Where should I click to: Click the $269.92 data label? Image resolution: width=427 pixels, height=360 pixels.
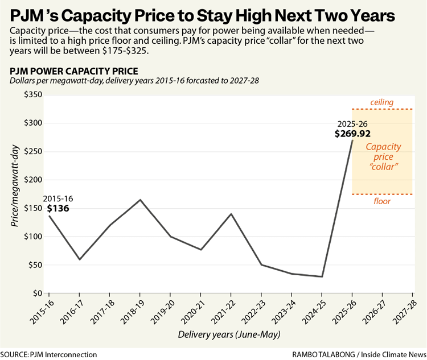pyautogui.click(x=352, y=134)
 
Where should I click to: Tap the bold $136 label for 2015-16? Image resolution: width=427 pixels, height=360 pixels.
pyautogui.click(x=58, y=208)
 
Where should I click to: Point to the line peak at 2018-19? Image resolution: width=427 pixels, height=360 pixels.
pyautogui.click(x=140, y=200)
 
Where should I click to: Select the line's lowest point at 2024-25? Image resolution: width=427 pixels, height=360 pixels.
pyautogui.click(x=322, y=276)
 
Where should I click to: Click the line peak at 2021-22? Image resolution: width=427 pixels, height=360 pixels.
pyautogui.click(x=231, y=214)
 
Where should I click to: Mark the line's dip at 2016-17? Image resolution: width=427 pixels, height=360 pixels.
pyautogui.click(x=80, y=259)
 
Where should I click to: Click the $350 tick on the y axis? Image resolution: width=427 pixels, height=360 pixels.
pyautogui.click(x=33, y=95)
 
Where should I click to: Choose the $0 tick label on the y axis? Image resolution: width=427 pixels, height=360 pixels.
pyautogui.click(x=38, y=293)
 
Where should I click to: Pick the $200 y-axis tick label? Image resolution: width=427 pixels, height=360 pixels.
pyautogui.click(x=33, y=180)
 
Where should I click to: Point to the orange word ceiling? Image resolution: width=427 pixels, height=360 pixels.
pyautogui.click(x=382, y=102)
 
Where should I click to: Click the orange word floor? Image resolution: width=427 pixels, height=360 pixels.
pyautogui.click(x=382, y=201)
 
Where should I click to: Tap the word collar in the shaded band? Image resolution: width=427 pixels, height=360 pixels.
pyautogui.click(x=384, y=167)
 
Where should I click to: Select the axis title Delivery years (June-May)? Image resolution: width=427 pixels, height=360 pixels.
pyautogui.click(x=229, y=334)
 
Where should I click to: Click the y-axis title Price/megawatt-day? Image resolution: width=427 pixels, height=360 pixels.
pyautogui.click(x=15, y=185)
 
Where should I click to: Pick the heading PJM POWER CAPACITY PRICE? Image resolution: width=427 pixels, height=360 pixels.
pyautogui.click(x=74, y=71)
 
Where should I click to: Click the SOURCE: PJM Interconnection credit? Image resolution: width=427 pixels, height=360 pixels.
pyautogui.click(x=49, y=355)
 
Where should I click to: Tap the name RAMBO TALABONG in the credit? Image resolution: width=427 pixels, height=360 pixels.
pyautogui.click(x=323, y=355)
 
